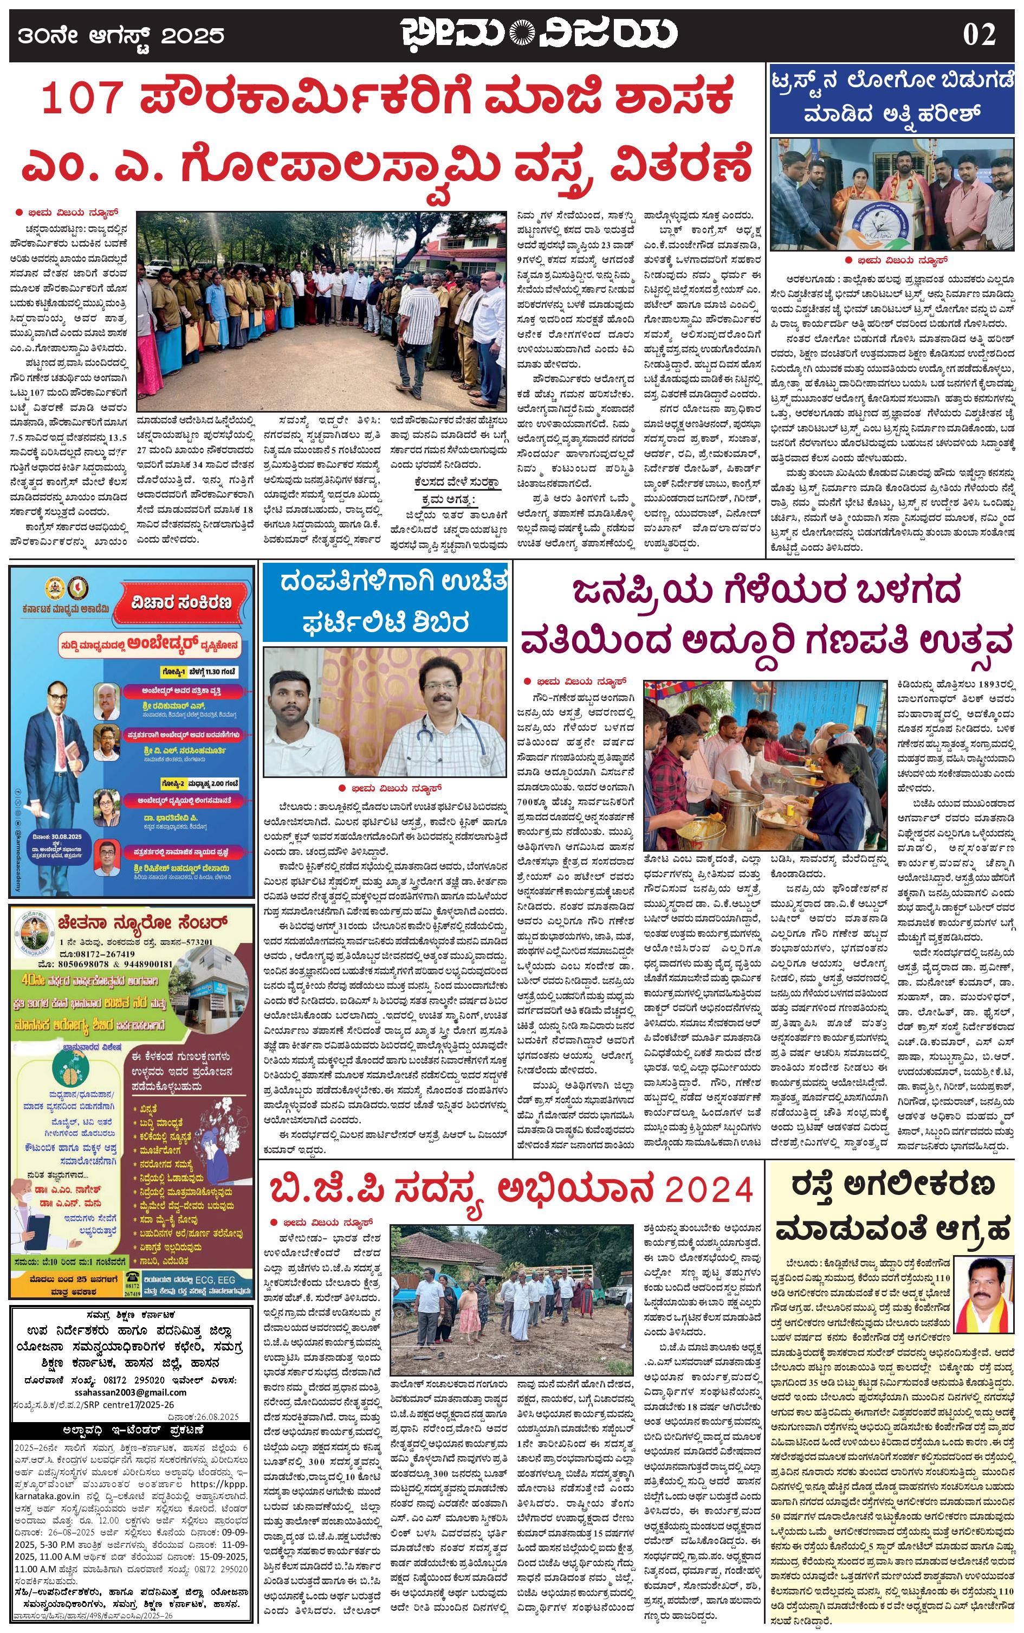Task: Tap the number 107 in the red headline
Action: pos(81,98)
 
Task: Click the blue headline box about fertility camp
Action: pos(385,602)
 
